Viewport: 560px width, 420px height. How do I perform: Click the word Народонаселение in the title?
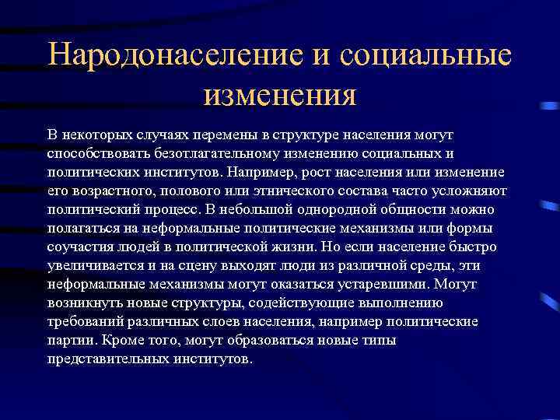(x=160, y=56)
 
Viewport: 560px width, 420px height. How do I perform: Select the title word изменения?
(x=279, y=96)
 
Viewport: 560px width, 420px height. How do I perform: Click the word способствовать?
(x=91, y=154)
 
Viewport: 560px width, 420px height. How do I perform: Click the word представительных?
(x=108, y=359)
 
